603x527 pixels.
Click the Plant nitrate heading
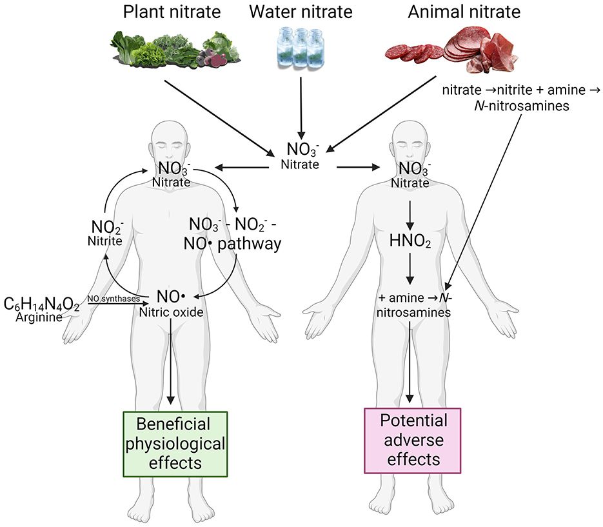[164, 12]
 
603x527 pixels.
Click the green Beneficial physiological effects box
[175, 443]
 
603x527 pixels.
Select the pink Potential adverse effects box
[413, 441]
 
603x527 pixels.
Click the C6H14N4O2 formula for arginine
[42, 304]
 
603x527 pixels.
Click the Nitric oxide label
[171, 313]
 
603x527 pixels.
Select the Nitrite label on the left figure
[107, 240]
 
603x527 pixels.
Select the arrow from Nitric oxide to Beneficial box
[171, 361]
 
